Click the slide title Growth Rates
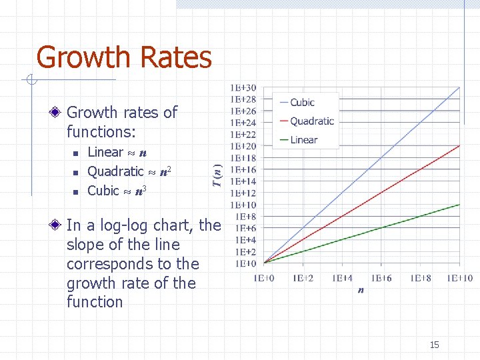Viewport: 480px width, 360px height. (x=124, y=57)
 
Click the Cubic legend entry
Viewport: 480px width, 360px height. (x=301, y=102)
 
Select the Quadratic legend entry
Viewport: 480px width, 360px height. (x=311, y=121)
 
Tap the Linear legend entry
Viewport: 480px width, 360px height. (x=303, y=139)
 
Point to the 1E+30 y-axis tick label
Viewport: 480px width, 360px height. (x=243, y=87)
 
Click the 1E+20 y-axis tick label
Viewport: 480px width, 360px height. (x=243, y=146)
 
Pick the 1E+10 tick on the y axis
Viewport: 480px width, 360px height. (x=243, y=205)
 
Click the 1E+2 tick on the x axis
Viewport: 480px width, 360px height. (x=303, y=277)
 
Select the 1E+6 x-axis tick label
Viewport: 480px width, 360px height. (x=382, y=277)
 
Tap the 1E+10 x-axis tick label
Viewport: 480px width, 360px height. (x=459, y=277)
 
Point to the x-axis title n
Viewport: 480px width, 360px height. (x=361, y=291)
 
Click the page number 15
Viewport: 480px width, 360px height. (x=434, y=345)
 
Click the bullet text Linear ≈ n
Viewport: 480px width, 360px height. (x=117, y=152)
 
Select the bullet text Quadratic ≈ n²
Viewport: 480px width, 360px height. (x=131, y=171)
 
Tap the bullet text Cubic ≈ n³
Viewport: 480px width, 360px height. (x=117, y=191)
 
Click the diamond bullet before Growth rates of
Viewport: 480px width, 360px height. (x=58, y=113)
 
